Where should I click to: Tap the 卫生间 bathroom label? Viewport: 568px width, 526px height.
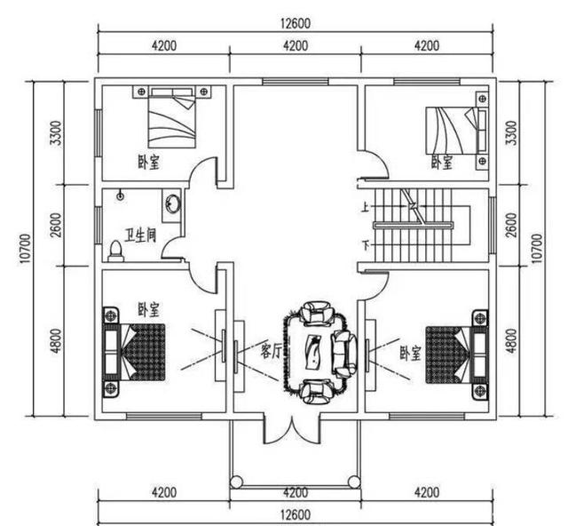141,235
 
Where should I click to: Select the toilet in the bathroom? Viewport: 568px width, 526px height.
115,251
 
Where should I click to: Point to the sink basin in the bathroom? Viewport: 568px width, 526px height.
171,206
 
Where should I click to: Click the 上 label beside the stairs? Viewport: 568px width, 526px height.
364,211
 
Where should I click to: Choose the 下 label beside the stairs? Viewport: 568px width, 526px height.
364,244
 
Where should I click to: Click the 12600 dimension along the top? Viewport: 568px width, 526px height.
295,23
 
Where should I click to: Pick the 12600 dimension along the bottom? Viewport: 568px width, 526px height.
295,514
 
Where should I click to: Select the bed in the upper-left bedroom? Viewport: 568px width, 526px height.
170,118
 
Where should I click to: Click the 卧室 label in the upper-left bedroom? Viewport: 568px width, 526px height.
148,163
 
